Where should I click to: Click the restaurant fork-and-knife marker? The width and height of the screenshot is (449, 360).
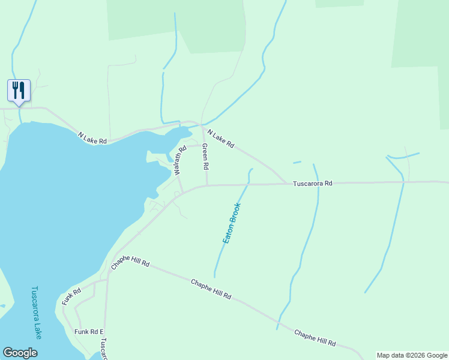tap(19, 91)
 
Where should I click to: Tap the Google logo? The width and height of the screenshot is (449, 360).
tap(20, 353)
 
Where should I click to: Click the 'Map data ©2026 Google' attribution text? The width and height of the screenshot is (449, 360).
tap(412, 355)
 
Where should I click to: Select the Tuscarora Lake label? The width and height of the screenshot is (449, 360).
tap(35, 312)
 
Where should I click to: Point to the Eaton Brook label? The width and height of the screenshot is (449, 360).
tap(232, 223)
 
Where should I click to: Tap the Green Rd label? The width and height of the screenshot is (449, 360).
tap(205, 156)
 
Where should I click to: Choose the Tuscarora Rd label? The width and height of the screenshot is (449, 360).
tap(312, 184)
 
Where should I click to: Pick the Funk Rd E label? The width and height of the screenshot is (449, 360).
tap(89, 332)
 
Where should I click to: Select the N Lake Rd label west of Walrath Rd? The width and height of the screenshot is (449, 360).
tap(92, 137)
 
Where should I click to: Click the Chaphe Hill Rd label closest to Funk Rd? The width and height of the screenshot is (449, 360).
tap(130, 263)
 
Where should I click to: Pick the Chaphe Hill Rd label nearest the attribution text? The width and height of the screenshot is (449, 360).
tap(315, 338)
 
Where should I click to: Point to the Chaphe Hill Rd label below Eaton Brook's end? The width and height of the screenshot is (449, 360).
tap(211, 289)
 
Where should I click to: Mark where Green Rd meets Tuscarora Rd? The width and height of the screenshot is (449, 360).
tap(207, 185)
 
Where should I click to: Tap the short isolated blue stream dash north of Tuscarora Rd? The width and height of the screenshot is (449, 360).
tap(297, 162)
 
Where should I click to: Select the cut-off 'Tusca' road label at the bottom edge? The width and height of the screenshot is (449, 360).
tap(103, 347)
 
